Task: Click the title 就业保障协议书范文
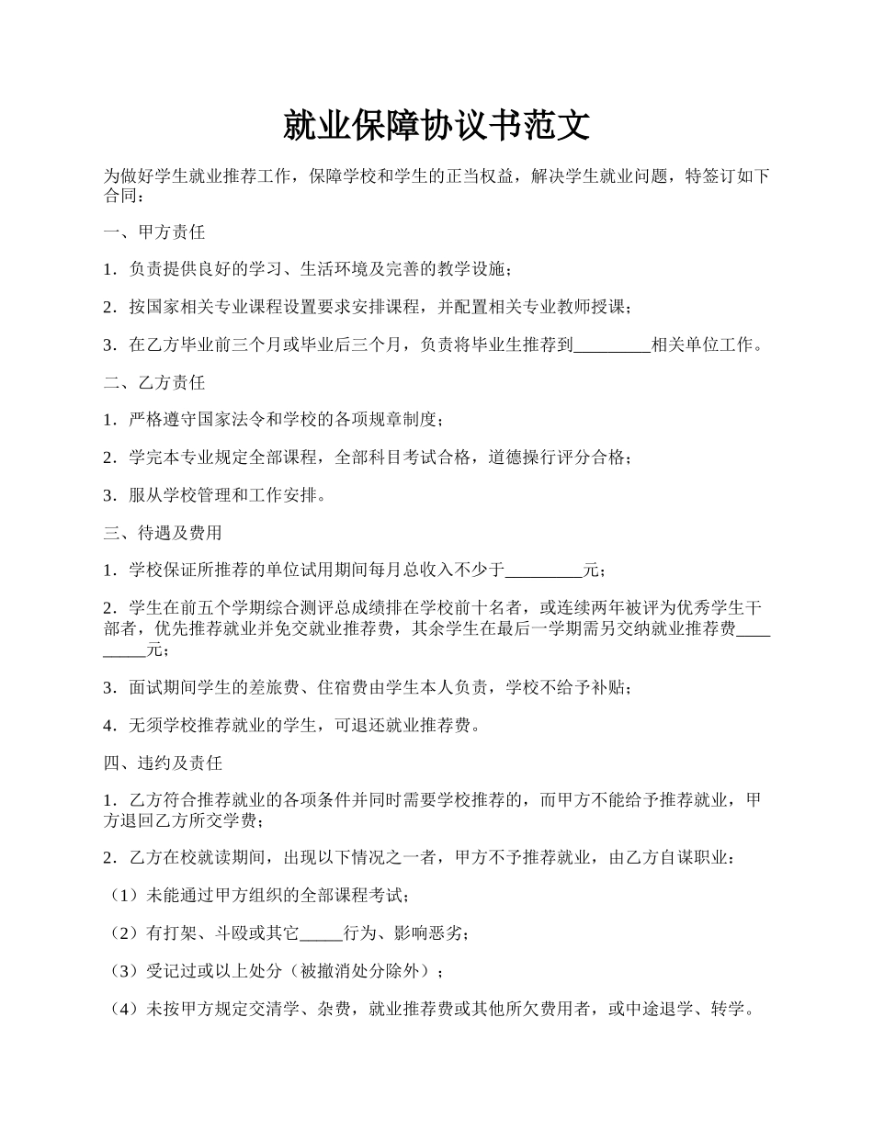coord(436,126)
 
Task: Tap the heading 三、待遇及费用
coord(162,533)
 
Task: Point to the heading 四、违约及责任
coord(162,763)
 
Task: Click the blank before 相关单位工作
coord(611,346)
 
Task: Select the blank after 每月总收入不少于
coord(544,571)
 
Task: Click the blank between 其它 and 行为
coord(321,934)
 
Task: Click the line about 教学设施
coord(308,270)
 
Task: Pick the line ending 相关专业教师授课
coord(368,308)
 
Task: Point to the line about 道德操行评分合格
coord(368,458)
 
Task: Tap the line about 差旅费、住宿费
coord(368,688)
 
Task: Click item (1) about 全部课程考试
coord(258,896)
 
